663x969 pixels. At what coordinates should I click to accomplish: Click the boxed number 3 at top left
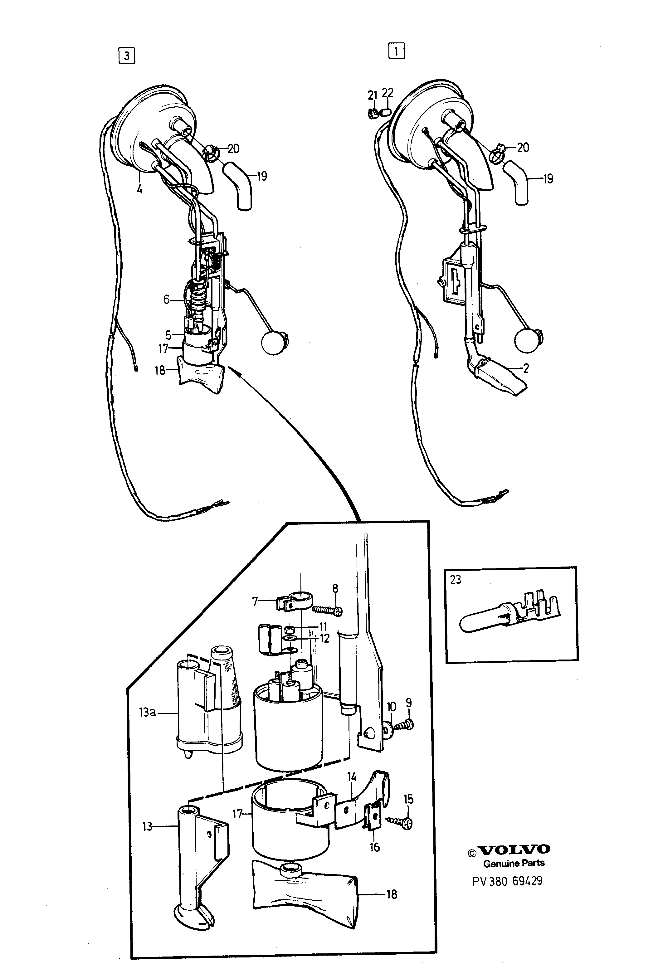[127, 56]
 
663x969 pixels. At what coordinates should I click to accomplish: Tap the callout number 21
[372, 95]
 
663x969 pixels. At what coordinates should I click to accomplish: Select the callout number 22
[388, 93]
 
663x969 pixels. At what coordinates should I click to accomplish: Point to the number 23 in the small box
[456, 580]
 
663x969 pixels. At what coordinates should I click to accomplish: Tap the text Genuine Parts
[514, 864]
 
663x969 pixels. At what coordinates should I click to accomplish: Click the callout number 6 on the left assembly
[166, 299]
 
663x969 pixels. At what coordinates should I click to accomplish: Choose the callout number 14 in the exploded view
[352, 777]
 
